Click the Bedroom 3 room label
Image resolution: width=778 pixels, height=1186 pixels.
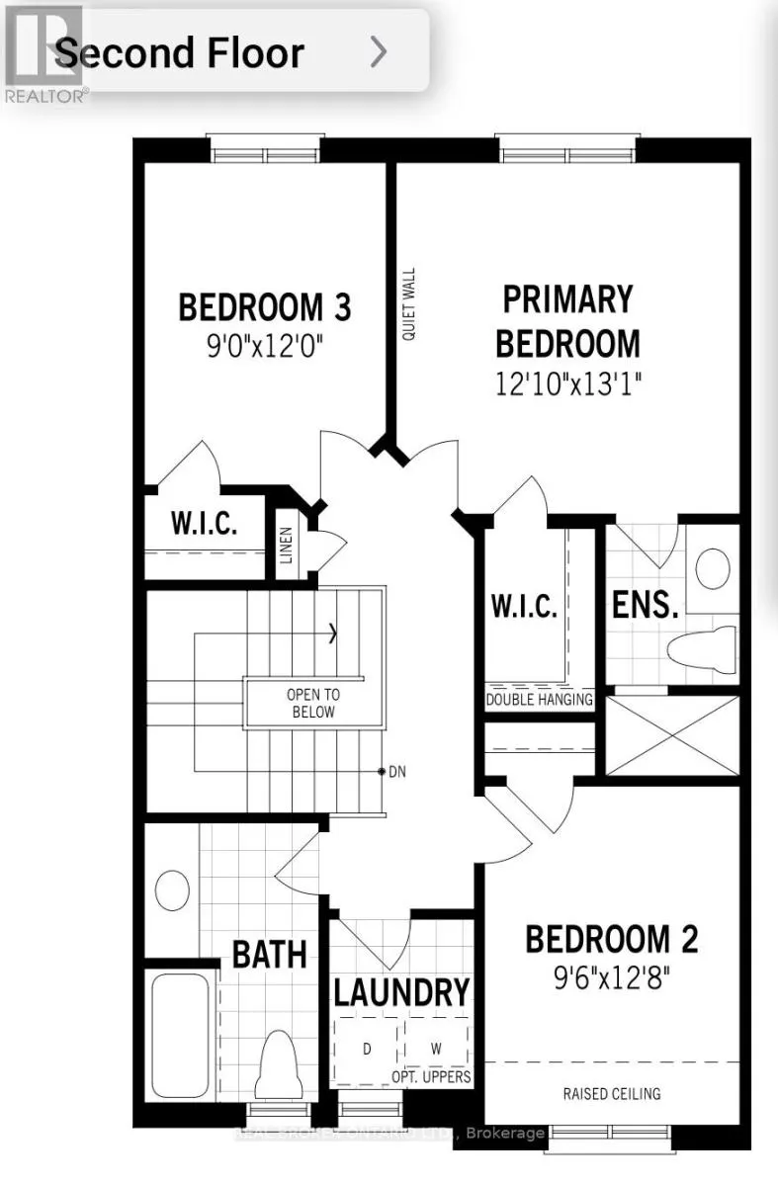[264, 307]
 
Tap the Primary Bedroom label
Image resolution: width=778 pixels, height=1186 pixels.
[567, 320]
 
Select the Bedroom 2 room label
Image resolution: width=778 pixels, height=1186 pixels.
[611, 938]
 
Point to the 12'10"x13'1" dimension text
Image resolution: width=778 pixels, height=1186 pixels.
[568, 383]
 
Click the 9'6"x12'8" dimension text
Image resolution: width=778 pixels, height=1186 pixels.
[611, 979]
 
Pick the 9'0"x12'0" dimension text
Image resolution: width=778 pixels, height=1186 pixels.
[264, 347]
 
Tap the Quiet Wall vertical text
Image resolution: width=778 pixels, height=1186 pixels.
[408, 304]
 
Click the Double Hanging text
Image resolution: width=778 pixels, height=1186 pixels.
[539, 700]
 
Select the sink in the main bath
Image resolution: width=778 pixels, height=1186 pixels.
[173, 889]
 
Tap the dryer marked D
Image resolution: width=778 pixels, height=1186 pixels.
[367, 1049]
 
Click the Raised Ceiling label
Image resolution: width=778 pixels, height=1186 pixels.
[612, 1093]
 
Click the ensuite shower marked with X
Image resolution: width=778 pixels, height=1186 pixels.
[672, 735]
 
